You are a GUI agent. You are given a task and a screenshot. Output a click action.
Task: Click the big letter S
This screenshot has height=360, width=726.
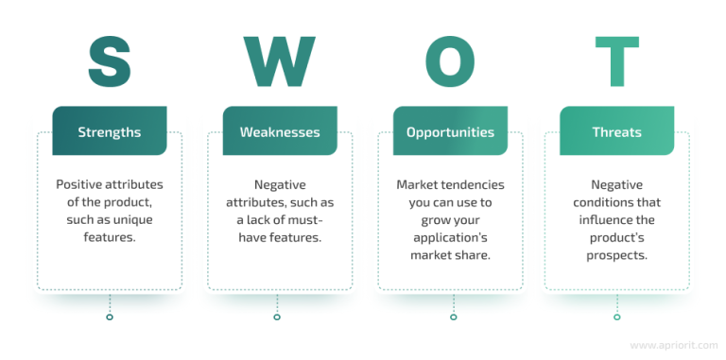click(110, 61)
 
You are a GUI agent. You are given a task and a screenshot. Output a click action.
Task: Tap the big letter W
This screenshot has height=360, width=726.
click(278, 61)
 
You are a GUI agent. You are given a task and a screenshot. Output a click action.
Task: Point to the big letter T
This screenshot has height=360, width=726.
click(616, 61)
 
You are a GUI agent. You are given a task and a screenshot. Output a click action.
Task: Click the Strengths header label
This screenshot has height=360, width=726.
click(110, 132)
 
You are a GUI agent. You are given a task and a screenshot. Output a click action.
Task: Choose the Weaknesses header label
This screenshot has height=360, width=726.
click(280, 132)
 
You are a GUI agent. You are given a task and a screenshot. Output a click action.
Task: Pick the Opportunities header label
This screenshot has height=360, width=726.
click(450, 132)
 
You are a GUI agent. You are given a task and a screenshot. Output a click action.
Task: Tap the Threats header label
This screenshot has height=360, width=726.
click(616, 132)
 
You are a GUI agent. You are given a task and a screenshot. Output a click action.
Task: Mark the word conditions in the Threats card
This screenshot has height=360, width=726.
click(618, 203)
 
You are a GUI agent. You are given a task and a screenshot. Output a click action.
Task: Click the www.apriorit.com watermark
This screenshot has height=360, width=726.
click(671, 346)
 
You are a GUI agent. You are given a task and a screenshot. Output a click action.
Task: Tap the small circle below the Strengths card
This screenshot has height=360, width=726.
click(110, 317)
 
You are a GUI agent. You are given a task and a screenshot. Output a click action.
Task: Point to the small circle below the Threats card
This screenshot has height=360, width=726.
click(617, 317)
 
